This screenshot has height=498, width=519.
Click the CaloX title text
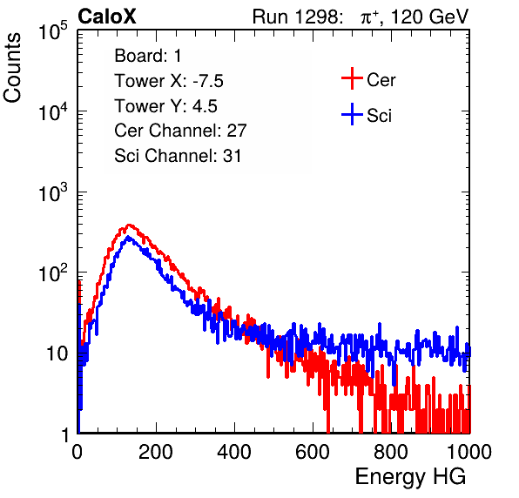pyautogui.click(x=106, y=17)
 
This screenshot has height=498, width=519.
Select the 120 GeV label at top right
pyautogui.click(x=429, y=17)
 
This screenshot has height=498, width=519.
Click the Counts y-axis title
pyautogui.click(x=12, y=67)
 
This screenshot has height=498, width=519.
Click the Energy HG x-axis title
pyautogui.click(x=410, y=477)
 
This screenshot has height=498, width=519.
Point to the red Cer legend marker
pyautogui.click(x=352, y=78)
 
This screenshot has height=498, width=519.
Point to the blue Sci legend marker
pyautogui.click(x=352, y=114)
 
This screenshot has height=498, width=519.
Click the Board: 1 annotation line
pyautogui.click(x=148, y=55)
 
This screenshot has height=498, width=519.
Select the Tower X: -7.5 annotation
pyautogui.click(x=169, y=81)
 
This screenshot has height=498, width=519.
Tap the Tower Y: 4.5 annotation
pyautogui.click(x=165, y=106)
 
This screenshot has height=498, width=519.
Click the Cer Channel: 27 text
pyautogui.click(x=180, y=131)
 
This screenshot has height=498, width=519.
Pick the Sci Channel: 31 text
pyautogui.click(x=178, y=156)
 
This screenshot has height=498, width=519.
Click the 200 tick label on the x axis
pyautogui.click(x=156, y=452)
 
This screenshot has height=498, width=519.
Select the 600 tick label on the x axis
pyautogui.click(x=313, y=452)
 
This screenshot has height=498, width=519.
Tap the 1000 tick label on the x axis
pyautogui.click(x=469, y=452)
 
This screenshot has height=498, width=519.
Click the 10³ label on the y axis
pyautogui.click(x=53, y=192)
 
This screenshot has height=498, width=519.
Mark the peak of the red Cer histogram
pyautogui.click(x=129, y=225)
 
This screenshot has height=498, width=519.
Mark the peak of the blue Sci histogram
pyautogui.click(x=128, y=238)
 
